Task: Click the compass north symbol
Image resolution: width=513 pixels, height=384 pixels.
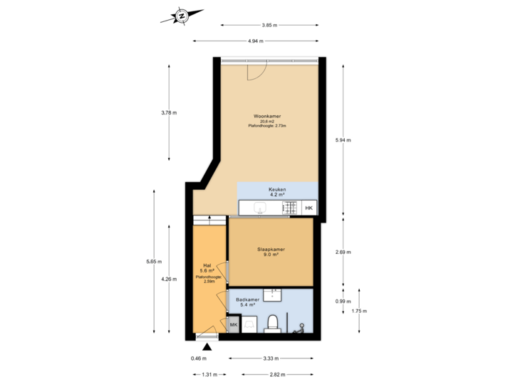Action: pos(182,16)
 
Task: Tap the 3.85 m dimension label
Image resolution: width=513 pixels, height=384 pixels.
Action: pos(269,25)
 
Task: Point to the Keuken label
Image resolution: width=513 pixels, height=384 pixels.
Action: pos(277,190)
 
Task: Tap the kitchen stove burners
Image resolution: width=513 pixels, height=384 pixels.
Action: pos(291,208)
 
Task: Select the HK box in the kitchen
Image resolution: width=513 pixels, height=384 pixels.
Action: pos(309,208)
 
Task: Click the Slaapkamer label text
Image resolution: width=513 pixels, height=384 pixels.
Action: pos(271,250)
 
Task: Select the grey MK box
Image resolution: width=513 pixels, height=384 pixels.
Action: pos(233,324)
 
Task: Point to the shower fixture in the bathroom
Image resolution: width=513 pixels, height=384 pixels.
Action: pos(301,327)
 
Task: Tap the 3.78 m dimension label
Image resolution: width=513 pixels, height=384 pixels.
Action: pos(169,112)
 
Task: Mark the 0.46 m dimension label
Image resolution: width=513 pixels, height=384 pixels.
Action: pos(197,358)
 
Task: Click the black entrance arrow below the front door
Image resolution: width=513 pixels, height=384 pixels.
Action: pos(207,346)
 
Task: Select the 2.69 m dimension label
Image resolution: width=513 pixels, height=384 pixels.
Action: pos(343,252)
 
